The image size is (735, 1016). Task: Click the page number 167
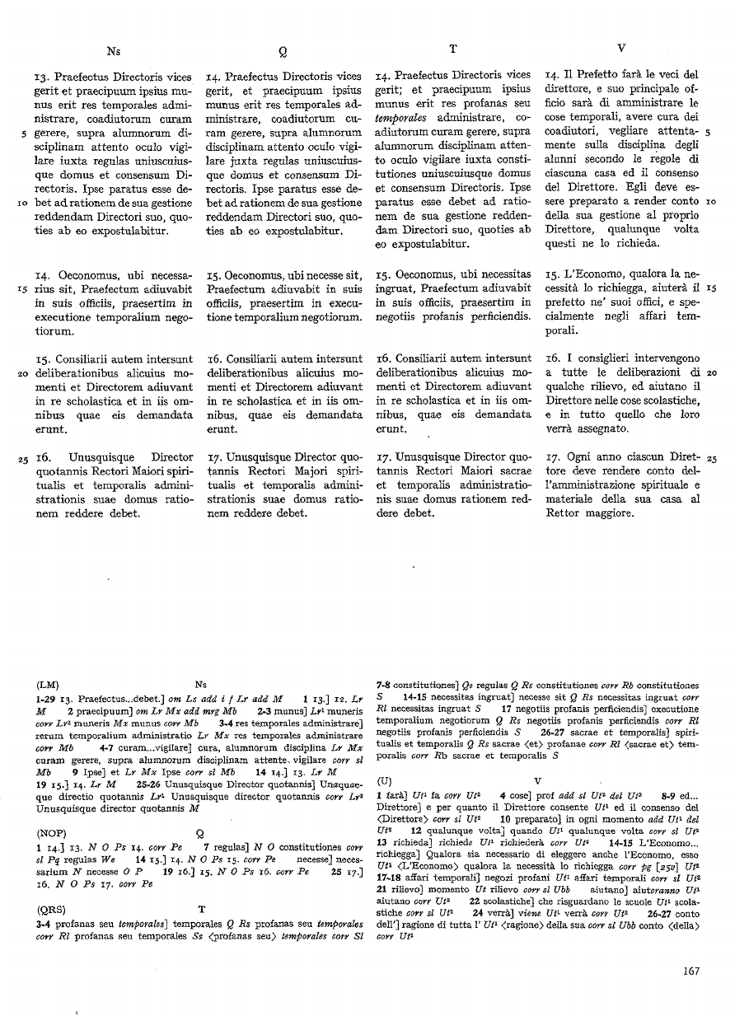coord(691,971)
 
